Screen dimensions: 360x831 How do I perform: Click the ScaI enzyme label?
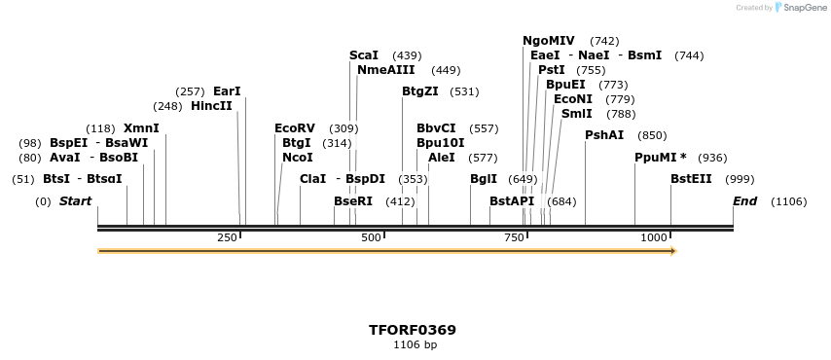(364, 55)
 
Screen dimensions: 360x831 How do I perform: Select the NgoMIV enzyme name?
(549, 41)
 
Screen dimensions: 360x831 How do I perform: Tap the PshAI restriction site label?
(604, 135)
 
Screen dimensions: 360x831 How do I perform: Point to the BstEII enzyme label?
(691, 179)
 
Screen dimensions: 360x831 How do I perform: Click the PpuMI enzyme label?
(657, 158)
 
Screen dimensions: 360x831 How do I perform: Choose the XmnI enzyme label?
(141, 128)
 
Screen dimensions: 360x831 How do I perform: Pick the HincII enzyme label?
(211, 106)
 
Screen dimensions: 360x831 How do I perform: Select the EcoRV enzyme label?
(295, 128)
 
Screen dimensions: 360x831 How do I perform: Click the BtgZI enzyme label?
(420, 91)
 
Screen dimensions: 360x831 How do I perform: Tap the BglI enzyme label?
(484, 179)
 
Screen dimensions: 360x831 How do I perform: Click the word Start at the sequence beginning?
(76, 201)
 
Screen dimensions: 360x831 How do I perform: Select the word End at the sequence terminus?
(744, 201)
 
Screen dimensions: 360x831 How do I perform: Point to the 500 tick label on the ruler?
(371, 238)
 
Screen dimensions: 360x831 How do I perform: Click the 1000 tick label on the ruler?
(652, 238)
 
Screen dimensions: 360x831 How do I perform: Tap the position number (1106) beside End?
(788, 201)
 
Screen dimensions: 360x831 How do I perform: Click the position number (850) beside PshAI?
(652, 135)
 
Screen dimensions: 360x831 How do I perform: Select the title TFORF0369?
(413, 330)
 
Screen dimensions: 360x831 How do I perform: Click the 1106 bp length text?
(415, 344)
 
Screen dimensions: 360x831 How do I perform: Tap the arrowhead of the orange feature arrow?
(672, 251)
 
